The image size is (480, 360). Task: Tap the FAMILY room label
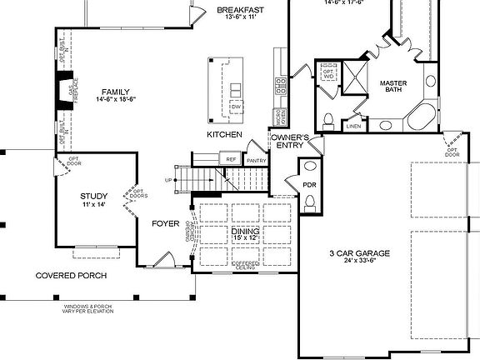[115, 92]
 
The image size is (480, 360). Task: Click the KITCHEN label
[225, 134]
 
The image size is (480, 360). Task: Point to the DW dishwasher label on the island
[236, 107]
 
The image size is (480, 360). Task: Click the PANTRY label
[256, 160]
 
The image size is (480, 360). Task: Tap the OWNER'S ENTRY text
[289, 141]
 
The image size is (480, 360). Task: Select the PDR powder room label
[309, 184]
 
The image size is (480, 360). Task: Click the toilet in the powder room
[311, 201]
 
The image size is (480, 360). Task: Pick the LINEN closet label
[353, 127]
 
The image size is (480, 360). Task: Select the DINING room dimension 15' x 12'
[245, 239]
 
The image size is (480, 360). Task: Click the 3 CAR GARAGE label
[361, 252]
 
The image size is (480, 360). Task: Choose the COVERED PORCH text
[70, 275]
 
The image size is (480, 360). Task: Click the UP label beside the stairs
[170, 179]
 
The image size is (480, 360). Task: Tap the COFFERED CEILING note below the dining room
[244, 266]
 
